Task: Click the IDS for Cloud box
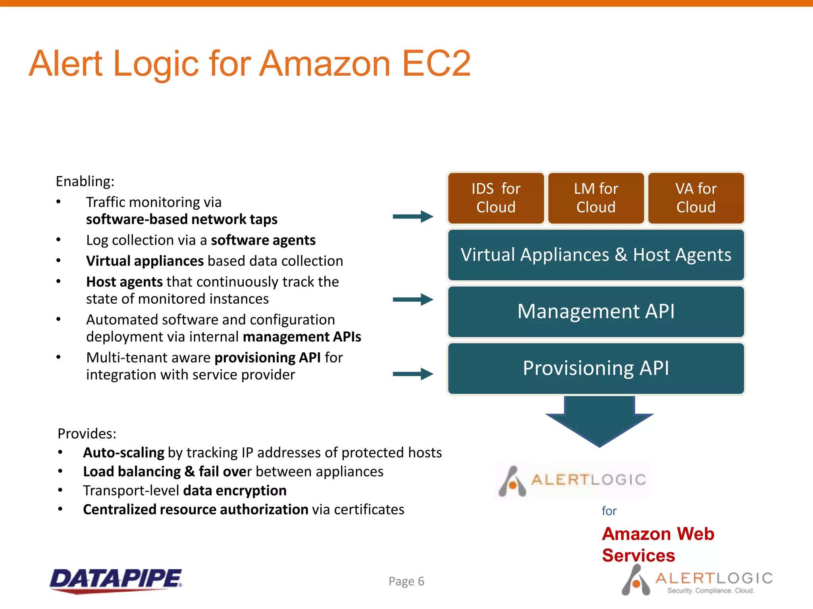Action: [496, 198]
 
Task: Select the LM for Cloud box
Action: [596, 198]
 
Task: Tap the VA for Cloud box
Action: [696, 198]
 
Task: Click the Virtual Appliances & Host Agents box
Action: [596, 255]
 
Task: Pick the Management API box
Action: [596, 312]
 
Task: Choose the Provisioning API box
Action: [596, 368]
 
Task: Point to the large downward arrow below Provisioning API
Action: [599, 422]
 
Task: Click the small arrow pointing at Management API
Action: [413, 299]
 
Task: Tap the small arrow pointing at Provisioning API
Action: [413, 373]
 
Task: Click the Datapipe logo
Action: [116, 580]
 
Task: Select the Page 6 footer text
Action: [406, 581]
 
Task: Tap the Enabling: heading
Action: [85, 181]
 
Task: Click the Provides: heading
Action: [87, 433]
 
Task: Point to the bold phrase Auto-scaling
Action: [123, 452]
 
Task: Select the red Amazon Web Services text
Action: [658, 544]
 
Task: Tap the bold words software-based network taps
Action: [181, 219]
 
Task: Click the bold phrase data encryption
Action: [235, 490]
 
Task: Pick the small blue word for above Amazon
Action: [609, 511]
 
